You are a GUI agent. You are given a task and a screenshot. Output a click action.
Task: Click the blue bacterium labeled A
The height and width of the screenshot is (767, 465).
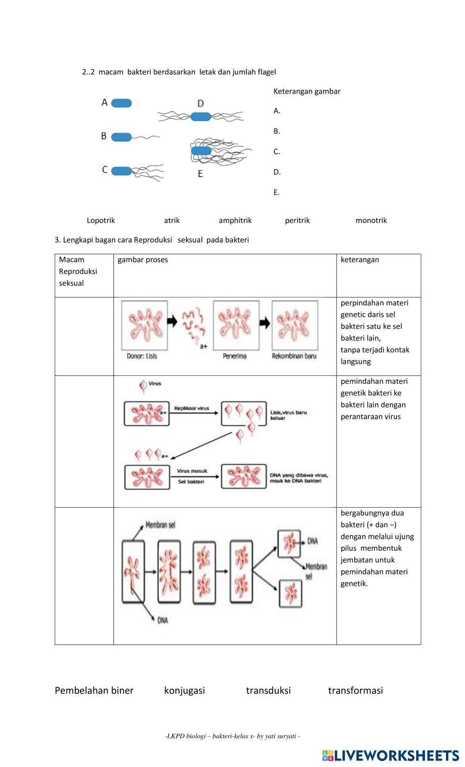pos(121,103)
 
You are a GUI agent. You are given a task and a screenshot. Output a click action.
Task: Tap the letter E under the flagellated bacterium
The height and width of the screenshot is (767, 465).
pos(200,174)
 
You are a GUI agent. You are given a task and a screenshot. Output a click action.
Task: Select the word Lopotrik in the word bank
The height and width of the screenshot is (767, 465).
pos(101,220)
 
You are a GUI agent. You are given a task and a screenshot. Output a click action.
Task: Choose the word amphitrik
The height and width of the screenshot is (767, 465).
pos(235,220)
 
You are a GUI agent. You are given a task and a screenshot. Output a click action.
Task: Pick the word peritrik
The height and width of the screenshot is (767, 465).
pos(297,220)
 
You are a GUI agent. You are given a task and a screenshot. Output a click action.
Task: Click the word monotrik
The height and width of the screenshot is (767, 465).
pos(371,220)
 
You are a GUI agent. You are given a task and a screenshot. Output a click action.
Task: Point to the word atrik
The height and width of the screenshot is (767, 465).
pos(172,220)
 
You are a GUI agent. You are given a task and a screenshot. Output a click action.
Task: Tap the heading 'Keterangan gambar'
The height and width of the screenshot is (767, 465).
pos(307,91)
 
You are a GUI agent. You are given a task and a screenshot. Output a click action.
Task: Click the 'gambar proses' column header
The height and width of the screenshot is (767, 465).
pos(143,259)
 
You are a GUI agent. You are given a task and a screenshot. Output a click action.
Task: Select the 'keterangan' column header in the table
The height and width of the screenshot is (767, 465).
pos(359,259)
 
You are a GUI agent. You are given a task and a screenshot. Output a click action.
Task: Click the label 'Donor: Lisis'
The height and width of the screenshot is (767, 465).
pos(142,356)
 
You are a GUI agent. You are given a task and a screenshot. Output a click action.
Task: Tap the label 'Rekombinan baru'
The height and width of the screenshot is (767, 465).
pos(294,356)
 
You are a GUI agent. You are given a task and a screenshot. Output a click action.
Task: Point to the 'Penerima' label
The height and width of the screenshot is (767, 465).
pos(234,356)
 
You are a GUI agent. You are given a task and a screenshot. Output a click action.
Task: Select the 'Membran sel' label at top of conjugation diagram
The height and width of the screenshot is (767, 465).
pos(160,525)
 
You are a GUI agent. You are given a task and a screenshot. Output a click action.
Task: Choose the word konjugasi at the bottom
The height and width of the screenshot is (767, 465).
pos(184,690)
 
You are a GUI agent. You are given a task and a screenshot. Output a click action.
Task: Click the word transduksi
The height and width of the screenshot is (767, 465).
pos(268,690)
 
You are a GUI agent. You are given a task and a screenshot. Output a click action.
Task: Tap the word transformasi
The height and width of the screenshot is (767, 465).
pos(355,690)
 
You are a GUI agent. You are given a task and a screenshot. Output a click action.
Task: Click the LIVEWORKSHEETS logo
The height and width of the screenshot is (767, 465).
pos(390,755)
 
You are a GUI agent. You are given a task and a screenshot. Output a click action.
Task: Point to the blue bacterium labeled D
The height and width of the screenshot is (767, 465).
pos(200,116)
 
